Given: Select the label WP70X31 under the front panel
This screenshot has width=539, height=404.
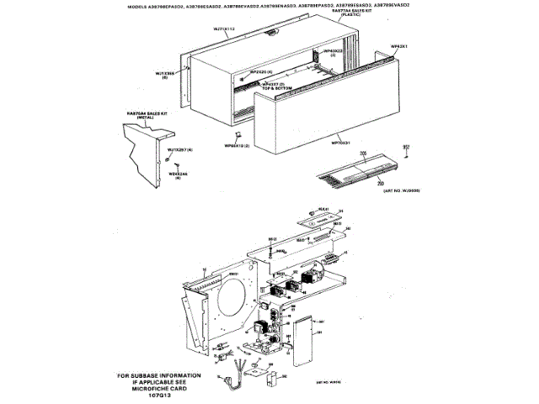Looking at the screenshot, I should [340, 143].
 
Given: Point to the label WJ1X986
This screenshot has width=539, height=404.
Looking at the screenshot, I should [165, 72].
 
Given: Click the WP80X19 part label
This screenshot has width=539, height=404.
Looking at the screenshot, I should [237, 146].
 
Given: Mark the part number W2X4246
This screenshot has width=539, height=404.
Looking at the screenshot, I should [177, 174].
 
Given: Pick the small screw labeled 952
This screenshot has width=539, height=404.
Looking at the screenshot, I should [406, 154].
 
